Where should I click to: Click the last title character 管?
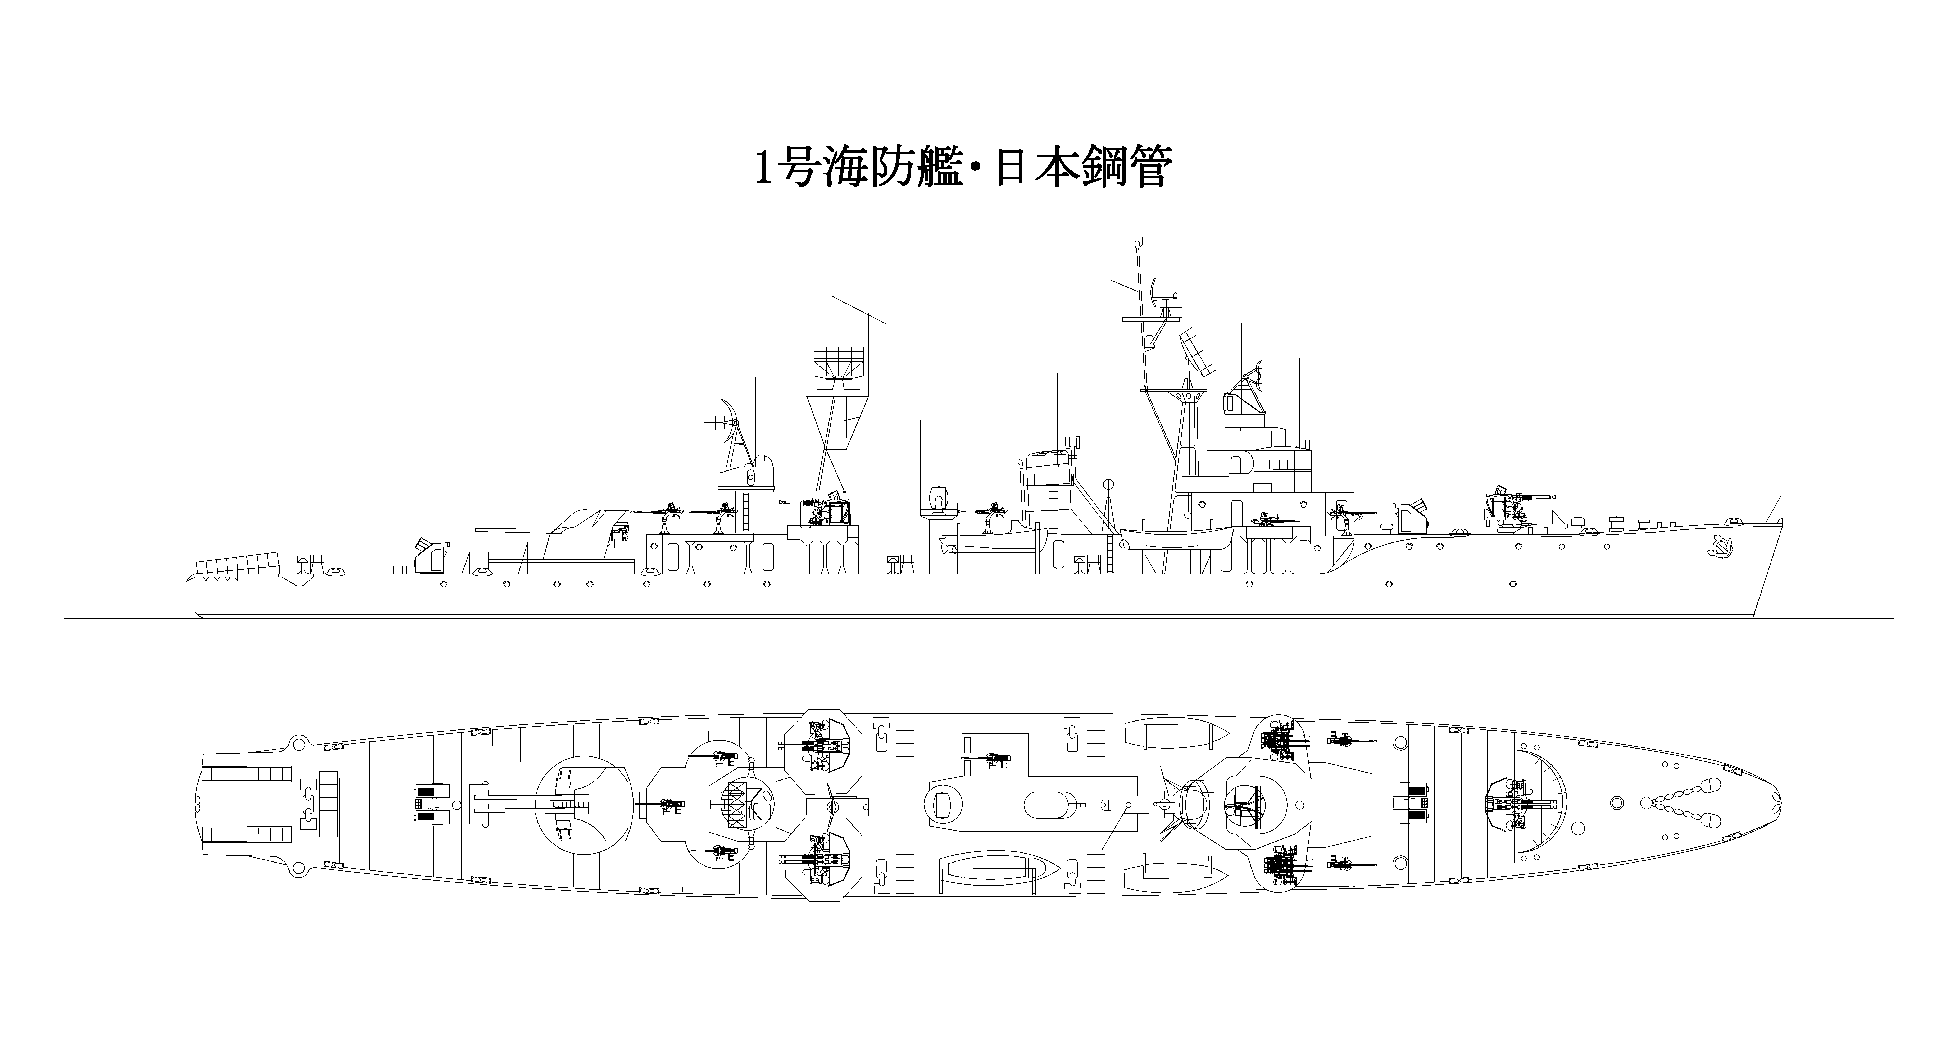click(x=1143, y=169)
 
